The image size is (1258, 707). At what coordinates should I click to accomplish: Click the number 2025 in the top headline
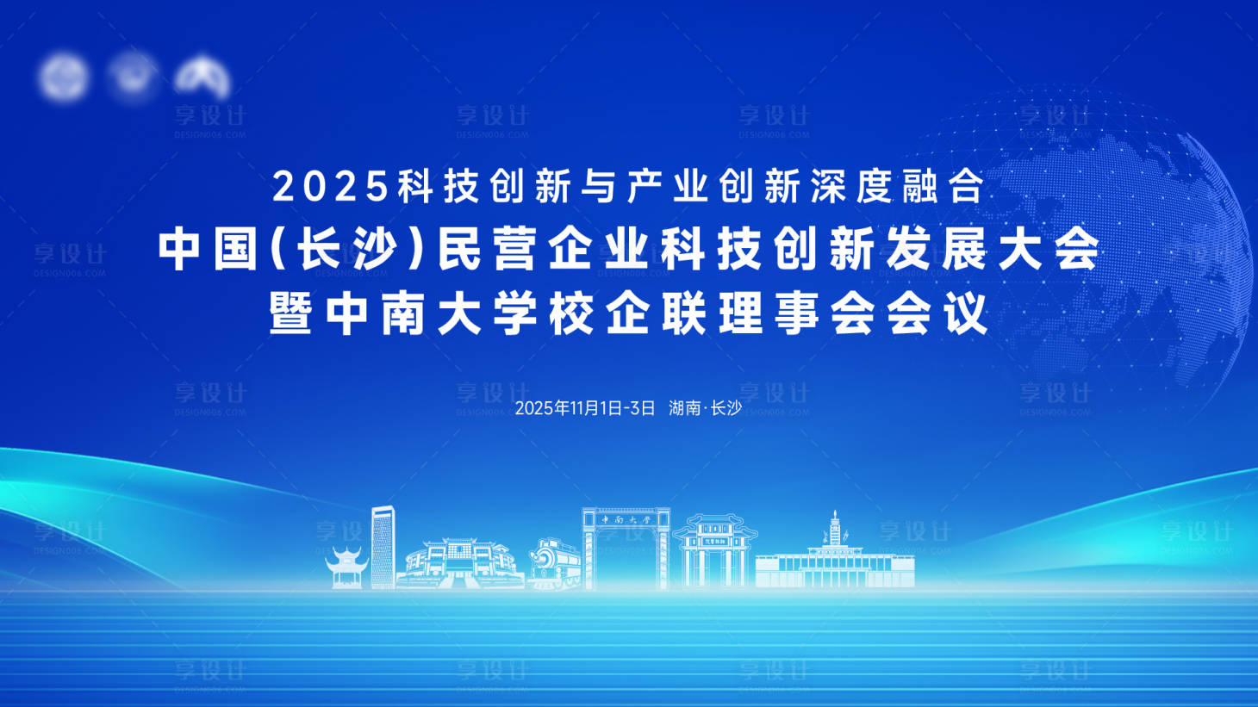[x=330, y=186]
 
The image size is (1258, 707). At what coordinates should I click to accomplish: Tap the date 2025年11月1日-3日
[x=585, y=408]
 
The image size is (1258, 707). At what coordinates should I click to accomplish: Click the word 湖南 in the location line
[x=684, y=408]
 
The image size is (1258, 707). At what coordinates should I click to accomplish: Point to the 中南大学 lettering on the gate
[x=626, y=520]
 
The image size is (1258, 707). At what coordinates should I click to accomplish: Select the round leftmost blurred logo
[x=63, y=78]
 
